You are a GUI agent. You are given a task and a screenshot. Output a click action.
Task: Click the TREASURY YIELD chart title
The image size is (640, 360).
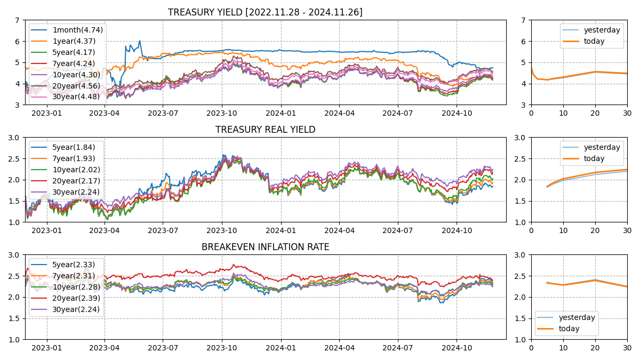(265, 12)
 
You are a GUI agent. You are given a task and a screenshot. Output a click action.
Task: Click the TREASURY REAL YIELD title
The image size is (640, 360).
(265, 130)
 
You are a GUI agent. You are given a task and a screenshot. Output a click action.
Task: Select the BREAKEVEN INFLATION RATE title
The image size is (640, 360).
(265, 247)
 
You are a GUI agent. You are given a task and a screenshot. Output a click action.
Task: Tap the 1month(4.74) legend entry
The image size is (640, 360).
(77, 30)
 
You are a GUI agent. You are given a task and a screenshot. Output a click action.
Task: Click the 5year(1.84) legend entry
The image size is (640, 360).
(74, 147)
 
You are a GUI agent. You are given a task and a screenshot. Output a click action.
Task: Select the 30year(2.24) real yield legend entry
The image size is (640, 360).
(76, 192)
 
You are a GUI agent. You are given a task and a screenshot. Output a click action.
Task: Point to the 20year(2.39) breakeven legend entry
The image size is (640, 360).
(76, 298)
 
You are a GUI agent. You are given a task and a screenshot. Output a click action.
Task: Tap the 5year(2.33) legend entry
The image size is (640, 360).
(74, 265)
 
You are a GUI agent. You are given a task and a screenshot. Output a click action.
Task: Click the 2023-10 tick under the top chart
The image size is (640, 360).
(221, 113)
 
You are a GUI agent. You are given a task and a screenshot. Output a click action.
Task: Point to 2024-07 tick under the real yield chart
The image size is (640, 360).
(398, 230)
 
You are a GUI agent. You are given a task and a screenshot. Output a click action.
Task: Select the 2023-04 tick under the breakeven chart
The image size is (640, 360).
(105, 348)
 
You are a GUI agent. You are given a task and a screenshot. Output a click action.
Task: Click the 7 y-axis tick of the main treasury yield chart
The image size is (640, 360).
(18, 20)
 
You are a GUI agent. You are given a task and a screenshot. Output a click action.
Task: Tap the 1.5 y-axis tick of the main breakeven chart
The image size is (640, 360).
(14, 318)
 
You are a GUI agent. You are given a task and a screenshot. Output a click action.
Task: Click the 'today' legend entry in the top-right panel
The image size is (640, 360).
(594, 41)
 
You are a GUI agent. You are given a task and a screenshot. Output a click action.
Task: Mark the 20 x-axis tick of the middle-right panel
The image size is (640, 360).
(595, 230)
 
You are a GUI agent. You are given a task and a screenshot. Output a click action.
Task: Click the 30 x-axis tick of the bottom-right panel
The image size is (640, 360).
(627, 348)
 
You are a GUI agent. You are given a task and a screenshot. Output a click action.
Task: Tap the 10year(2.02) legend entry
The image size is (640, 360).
(76, 170)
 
